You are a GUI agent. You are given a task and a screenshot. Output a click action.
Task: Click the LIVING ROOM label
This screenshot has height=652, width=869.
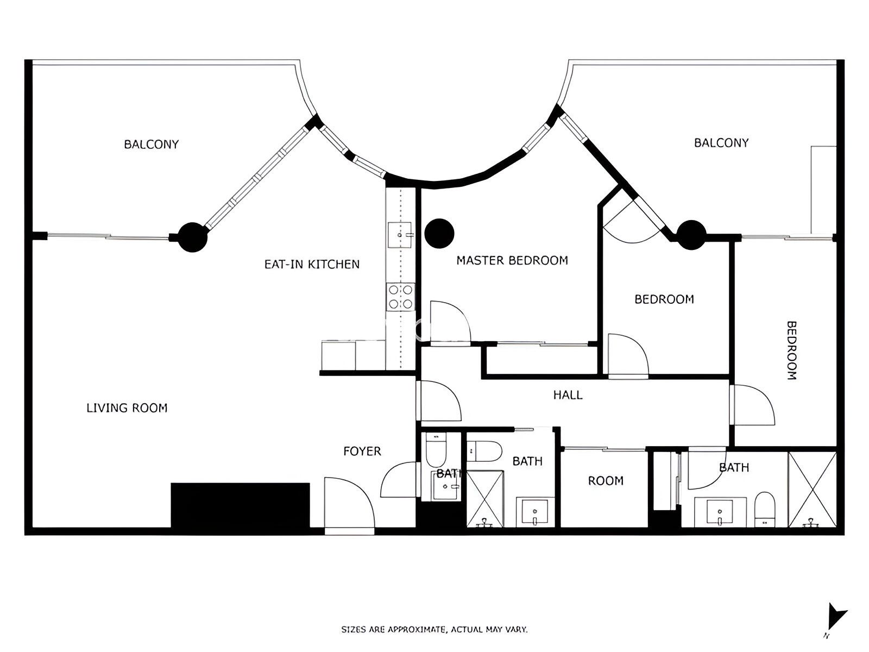(127, 407)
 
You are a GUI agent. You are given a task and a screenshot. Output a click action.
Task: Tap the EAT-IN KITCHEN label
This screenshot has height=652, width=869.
(312, 264)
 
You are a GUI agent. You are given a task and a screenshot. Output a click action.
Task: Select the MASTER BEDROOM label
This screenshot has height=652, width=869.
(512, 260)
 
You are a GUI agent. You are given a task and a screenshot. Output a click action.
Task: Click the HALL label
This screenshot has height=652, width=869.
(568, 395)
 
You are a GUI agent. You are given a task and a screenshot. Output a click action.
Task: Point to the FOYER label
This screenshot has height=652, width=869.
(362, 451)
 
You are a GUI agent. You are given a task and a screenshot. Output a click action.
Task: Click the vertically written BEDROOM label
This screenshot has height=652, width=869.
(792, 350)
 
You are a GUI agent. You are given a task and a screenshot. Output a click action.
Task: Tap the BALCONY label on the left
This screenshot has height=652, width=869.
(151, 144)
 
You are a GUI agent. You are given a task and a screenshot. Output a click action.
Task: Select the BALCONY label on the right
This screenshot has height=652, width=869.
(721, 142)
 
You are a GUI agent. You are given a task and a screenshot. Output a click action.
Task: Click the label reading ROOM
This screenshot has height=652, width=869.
(605, 480)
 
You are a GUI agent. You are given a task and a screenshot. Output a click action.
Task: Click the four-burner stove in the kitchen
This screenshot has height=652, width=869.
(400, 297)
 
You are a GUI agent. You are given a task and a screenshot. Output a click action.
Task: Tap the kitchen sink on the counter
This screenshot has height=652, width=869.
(399, 234)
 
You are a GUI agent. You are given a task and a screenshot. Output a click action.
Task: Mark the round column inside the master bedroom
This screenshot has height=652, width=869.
(439, 233)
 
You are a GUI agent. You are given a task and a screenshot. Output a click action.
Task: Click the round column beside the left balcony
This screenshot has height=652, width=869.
(193, 237)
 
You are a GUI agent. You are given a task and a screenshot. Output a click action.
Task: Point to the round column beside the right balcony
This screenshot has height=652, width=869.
(690, 235)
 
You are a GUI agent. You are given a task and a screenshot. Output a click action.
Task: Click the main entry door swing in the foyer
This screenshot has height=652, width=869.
(348, 503)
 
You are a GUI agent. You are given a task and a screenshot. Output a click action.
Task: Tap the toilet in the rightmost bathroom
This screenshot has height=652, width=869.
(765, 510)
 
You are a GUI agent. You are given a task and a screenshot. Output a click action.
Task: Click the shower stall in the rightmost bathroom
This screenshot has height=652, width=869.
(812, 489)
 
